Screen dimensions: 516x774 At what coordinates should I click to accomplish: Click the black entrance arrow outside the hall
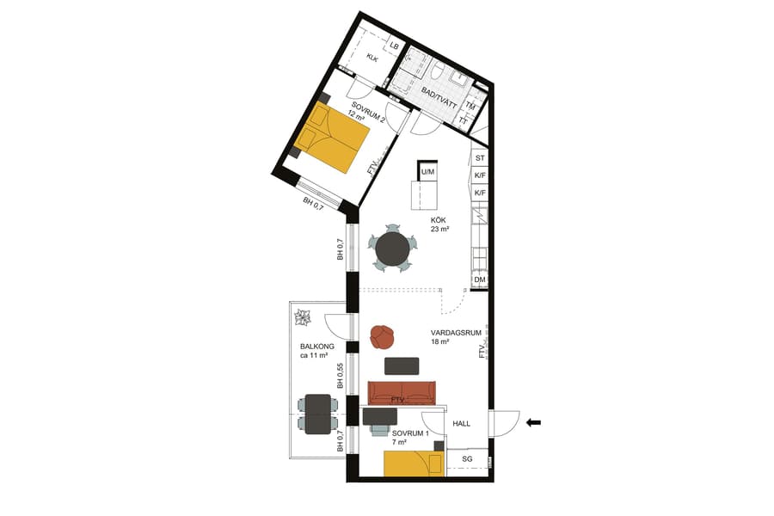tap(534, 422)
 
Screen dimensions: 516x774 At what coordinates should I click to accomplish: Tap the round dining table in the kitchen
tap(393, 249)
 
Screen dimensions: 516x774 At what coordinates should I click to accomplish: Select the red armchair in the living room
tap(382, 336)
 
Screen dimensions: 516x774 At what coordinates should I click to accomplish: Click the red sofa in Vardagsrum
tap(402, 393)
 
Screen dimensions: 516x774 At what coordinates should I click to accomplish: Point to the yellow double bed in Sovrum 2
tap(331, 137)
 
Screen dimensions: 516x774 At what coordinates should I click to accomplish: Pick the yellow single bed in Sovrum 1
tap(413, 464)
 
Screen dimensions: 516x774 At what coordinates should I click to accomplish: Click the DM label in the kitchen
tap(480, 279)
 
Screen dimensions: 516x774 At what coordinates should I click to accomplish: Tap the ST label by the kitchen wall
tap(480, 158)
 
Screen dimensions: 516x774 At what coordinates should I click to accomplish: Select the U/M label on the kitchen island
tap(427, 172)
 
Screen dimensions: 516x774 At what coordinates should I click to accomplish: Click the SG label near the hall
tap(467, 460)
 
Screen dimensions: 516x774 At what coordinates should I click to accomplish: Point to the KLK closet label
tap(372, 58)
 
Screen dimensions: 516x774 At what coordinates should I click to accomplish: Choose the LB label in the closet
tap(395, 46)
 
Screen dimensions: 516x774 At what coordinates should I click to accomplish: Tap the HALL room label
tap(463, 423)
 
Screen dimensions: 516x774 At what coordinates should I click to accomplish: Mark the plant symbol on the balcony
tap(303, 318)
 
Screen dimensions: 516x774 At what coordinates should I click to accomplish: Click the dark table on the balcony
tap(318, 413)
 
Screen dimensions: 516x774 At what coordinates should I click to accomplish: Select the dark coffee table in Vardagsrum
tap(402, 365)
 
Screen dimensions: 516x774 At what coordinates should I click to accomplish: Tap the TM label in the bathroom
tap(470, 105)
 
